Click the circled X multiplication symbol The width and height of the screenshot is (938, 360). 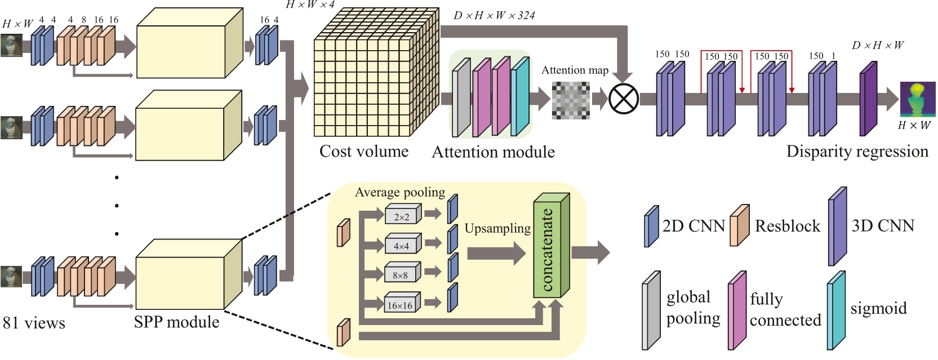624,99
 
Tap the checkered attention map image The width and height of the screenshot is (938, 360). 571,100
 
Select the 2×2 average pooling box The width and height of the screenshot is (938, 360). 402,216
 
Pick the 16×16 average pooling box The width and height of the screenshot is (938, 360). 401,304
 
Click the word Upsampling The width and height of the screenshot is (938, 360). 497,228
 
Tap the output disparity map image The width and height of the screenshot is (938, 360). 917,99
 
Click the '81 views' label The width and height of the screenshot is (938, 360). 34,323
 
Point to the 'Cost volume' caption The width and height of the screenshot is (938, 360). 364,151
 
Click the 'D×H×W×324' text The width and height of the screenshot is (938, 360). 494,15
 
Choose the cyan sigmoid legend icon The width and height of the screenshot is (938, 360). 836,310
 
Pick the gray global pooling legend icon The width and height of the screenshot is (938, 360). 651,310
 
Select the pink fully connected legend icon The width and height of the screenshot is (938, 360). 737,310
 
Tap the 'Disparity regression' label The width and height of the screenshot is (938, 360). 857,151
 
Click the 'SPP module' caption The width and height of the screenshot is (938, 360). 176,322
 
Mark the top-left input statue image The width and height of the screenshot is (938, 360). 11,45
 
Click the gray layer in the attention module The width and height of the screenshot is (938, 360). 461,98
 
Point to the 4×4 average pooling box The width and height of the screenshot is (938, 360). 401,245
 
